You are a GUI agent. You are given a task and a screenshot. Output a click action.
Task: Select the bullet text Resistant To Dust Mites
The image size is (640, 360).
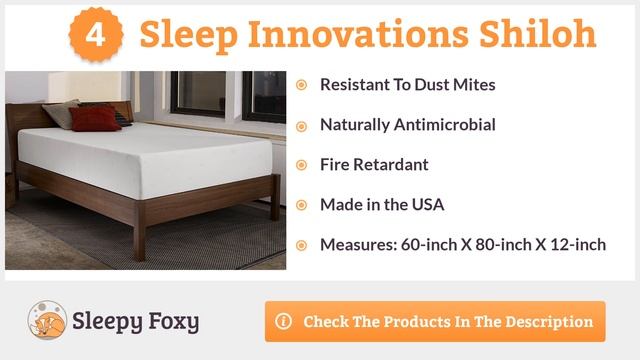click(407, 85)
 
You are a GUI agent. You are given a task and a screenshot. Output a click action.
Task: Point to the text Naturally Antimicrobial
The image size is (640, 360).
click(407, 125)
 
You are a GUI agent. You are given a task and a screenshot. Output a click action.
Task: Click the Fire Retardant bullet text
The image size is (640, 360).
click(374, 165)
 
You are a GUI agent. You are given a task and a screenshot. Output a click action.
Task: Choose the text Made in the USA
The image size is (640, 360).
click(381, 205)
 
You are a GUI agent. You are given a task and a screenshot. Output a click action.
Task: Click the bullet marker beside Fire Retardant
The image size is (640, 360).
click(301, 165)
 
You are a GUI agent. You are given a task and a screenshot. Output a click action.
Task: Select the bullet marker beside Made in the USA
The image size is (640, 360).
click(301, 205)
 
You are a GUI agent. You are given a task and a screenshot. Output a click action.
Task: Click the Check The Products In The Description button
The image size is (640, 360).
click(435, 322)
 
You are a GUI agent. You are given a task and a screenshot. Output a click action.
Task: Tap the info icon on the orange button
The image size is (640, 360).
click(284, 322)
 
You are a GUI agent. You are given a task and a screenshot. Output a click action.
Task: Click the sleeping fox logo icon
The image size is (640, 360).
click(46, 321)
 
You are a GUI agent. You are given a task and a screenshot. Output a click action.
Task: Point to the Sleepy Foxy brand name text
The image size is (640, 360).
click(135, 322)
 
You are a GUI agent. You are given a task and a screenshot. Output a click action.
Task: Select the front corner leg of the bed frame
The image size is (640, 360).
click(139, 240)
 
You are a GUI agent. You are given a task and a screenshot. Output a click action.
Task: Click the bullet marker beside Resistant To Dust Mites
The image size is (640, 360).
click(301, 85)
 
